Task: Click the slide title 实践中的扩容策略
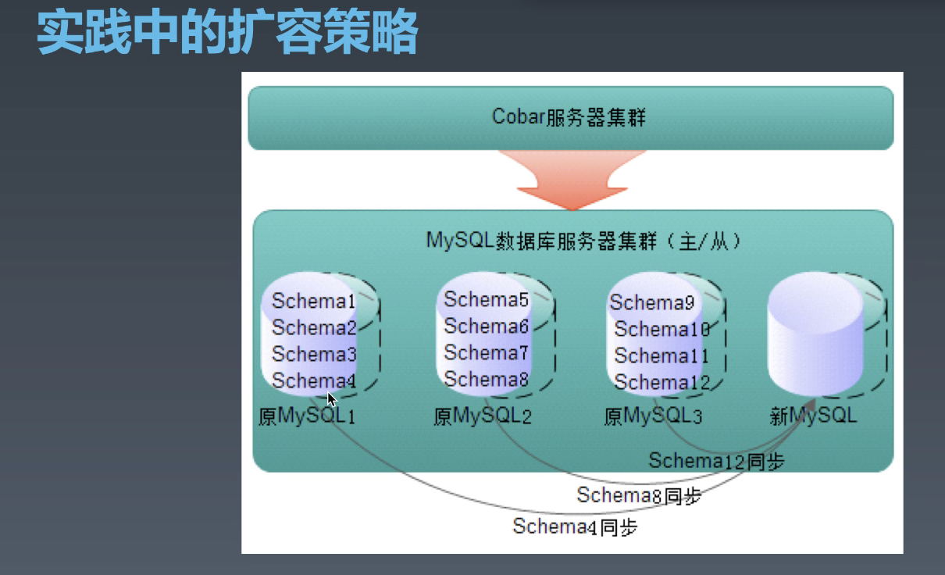coord(227,33)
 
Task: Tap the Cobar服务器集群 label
coord(569,117)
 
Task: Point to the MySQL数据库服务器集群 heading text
coord(583,241)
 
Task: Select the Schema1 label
coord(314,302)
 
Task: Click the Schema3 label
coord(314,355)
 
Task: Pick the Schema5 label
coord(487,299)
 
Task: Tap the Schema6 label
coord(487,326)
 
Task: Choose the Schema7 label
coord(487,352)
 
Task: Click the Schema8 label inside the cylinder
coord(487,379)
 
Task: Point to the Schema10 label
coord(661,329)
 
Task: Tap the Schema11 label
coord(661,355)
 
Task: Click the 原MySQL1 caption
coord(307,416)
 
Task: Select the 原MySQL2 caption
coord(482,416)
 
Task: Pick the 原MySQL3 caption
coord(653,416)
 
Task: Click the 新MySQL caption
coord(813,415)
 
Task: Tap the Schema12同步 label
coord(716,461)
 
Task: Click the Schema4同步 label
coord(575,527)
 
